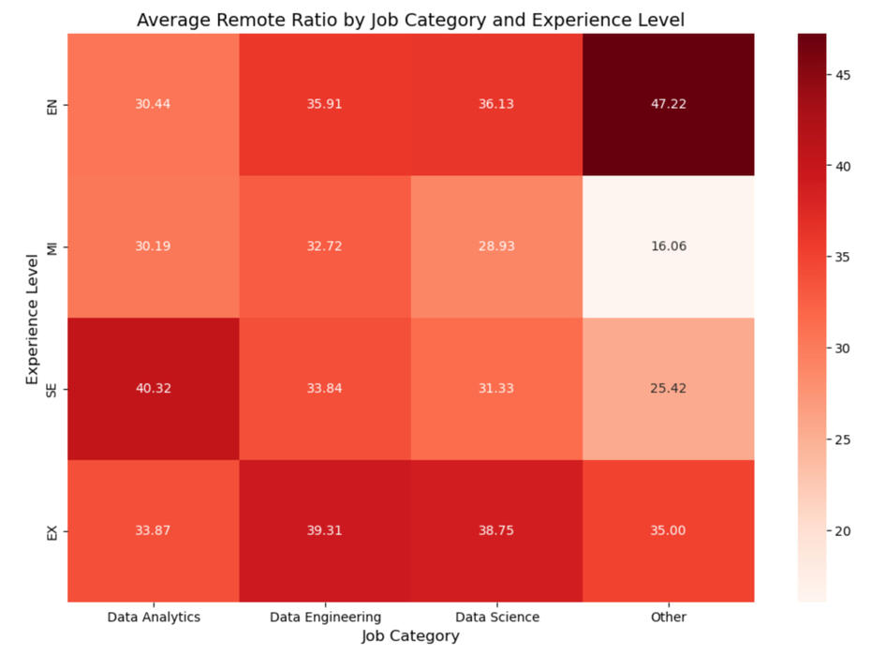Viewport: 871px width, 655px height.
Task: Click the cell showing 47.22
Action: (669, 104)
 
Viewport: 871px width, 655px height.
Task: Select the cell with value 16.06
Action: (669, 246)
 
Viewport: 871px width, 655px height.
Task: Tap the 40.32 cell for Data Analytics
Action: (154, 389)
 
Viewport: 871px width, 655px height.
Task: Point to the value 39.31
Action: (325, 530)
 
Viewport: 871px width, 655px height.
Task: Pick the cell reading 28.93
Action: (496, 246)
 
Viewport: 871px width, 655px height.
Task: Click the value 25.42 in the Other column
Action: (669, 389)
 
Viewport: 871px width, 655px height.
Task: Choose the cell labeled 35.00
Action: (669, 530)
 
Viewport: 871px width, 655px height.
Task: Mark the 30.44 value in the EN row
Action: (154, 104)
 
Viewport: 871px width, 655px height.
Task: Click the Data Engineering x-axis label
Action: (325, 617)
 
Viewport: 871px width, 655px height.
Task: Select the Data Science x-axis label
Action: (496, 617)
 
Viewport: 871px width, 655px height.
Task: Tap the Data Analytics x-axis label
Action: (154, 617)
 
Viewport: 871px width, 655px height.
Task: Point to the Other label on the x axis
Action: (669, 617)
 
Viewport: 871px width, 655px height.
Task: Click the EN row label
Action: (52, 104)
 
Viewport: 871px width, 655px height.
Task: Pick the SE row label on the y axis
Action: (52, 389)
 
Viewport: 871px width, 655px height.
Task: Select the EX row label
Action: (52, 530)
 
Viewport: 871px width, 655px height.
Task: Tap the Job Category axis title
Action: (410, 636)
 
